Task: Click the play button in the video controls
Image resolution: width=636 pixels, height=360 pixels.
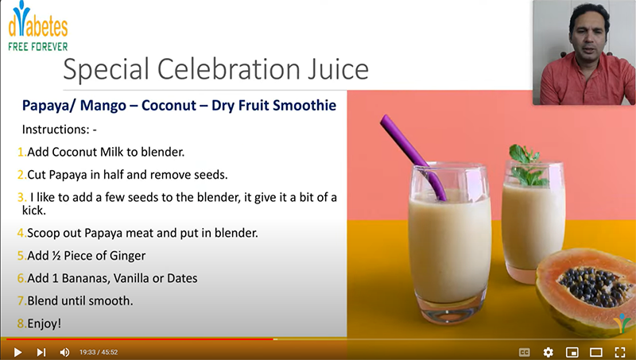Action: pos(17,352)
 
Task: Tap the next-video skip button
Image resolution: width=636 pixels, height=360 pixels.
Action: pos(41,352)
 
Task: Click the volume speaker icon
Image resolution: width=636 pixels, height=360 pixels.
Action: pos(64,352)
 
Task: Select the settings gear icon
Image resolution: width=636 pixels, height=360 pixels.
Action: pos(548,352)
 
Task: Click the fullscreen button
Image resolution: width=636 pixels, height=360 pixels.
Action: pos(619,352)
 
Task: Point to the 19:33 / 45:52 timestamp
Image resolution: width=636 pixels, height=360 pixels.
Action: pos(99,352)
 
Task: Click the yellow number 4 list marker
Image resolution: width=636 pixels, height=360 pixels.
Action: pos(21,234)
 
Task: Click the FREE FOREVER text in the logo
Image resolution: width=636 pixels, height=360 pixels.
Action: pos(37,46)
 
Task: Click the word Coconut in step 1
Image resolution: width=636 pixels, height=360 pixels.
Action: pos(75,152)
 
